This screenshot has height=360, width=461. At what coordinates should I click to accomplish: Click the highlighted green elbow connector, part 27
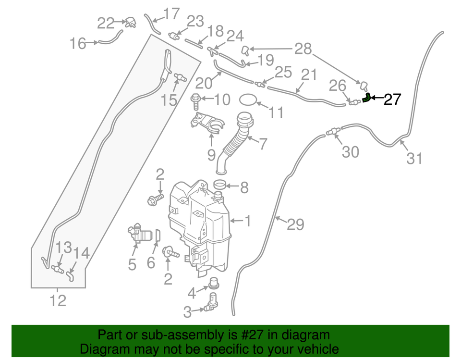pyautogui.click(x=366, y=98)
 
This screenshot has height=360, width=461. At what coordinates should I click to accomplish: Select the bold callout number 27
pyautogui.click(x=392, y=99)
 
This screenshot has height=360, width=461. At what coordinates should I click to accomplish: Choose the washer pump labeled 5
pyautogui.click(x=139, y=234)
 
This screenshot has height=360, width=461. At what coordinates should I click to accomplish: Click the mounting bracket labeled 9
pyautogui.click(x=207, y=124)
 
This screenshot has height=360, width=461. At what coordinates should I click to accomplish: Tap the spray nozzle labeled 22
pyautogui.click(x=130, y=23)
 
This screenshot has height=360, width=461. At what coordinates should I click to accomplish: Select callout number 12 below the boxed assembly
pyautogui.click(x=58, y=300)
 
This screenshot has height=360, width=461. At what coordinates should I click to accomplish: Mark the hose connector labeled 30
pyautogui.click(x=333, y=131)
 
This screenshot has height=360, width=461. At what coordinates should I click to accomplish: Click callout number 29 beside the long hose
pyautogui.click(x=295, y=224)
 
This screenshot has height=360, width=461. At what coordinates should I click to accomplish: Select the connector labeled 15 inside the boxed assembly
pyautogui.click(x=180, y=77)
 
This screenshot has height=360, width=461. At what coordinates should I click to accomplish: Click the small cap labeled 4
pyautogui.click(x=214, y=283)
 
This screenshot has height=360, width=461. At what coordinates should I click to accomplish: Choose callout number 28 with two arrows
pyautogui.click(x=303, y=49)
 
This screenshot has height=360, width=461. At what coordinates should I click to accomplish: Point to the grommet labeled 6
pyautogui.click(x=158, y=235)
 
